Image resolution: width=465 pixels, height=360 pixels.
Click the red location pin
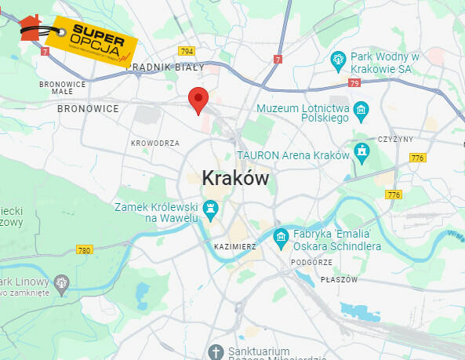pos(198,100)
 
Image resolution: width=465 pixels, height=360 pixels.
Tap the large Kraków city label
pos(235,179)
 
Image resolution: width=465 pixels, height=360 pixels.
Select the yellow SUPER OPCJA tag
pos(91,42)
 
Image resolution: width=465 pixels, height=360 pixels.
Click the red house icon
pos(31,27)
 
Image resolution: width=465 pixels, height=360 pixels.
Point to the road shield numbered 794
pos(186,51)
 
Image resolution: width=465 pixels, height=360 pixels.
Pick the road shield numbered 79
pos(355,82)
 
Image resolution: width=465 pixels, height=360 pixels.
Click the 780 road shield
pos(85,250)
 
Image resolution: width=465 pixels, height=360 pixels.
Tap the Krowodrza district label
pos(155,144)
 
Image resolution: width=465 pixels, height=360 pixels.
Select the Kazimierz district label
pos(234,246)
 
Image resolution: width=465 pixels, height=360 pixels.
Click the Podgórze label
pos(311,263)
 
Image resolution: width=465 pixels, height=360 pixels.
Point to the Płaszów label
pos(339,280)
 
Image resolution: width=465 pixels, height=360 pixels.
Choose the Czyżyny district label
pos(394,139)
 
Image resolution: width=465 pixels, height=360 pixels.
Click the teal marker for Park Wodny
pos(338,58)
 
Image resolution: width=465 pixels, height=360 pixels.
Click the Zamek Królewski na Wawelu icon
pos(210,208)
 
